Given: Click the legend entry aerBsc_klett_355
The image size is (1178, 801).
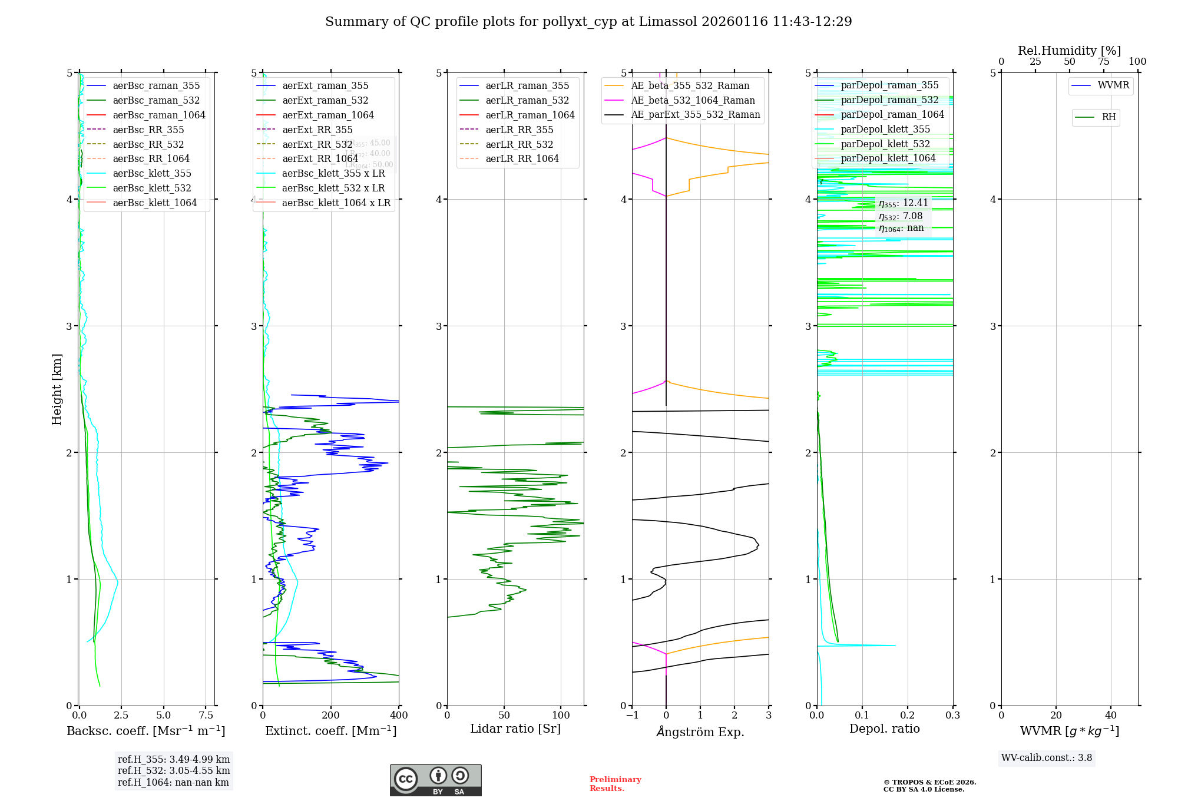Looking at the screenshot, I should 151,173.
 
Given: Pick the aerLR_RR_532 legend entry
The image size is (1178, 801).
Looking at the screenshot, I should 519,144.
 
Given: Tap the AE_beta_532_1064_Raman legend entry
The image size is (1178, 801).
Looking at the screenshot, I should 692,100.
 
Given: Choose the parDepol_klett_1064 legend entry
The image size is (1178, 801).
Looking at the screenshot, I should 888,158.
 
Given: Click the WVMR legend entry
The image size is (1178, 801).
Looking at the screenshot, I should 1113,85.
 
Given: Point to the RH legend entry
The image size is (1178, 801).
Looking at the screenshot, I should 1108,117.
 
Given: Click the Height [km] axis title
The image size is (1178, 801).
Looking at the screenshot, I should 57,389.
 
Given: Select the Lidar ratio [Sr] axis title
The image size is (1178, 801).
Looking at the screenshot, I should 515,729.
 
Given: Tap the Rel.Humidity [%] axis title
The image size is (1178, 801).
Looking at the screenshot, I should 1069,51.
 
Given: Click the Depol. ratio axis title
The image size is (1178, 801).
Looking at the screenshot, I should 884,729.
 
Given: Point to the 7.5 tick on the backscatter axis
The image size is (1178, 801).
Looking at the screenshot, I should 206,715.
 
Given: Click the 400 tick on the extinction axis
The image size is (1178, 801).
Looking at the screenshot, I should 399,715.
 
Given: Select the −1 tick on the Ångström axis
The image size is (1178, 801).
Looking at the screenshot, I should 632,715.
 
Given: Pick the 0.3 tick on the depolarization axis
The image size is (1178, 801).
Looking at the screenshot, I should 952,715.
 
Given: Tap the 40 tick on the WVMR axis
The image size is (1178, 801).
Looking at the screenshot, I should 1110,715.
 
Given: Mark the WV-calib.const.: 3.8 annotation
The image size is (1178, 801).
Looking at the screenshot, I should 1046,758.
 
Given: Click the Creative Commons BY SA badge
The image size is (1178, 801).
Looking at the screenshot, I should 435,780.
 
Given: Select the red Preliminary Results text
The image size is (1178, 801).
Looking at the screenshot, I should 615,783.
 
